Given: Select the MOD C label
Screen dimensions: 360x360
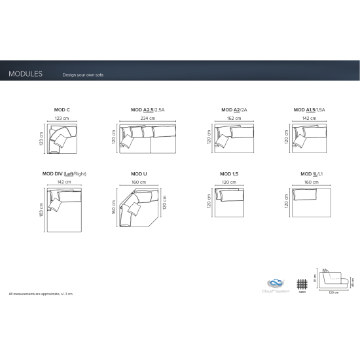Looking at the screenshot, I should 63,111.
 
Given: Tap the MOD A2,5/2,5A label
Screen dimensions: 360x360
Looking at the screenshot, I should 147,111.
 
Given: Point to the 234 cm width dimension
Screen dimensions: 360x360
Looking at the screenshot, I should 148,118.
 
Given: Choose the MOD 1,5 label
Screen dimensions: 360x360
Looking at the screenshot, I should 230,173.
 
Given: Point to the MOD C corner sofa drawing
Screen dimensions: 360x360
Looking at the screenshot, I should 63,140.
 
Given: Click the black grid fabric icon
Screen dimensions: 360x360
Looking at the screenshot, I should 301,283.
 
